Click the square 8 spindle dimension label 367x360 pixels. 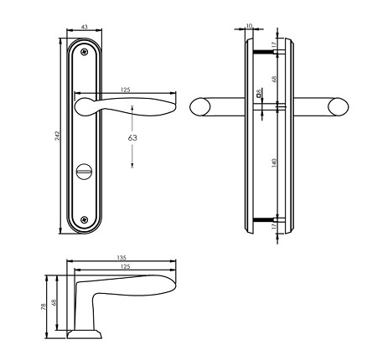tap(261, 95)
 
